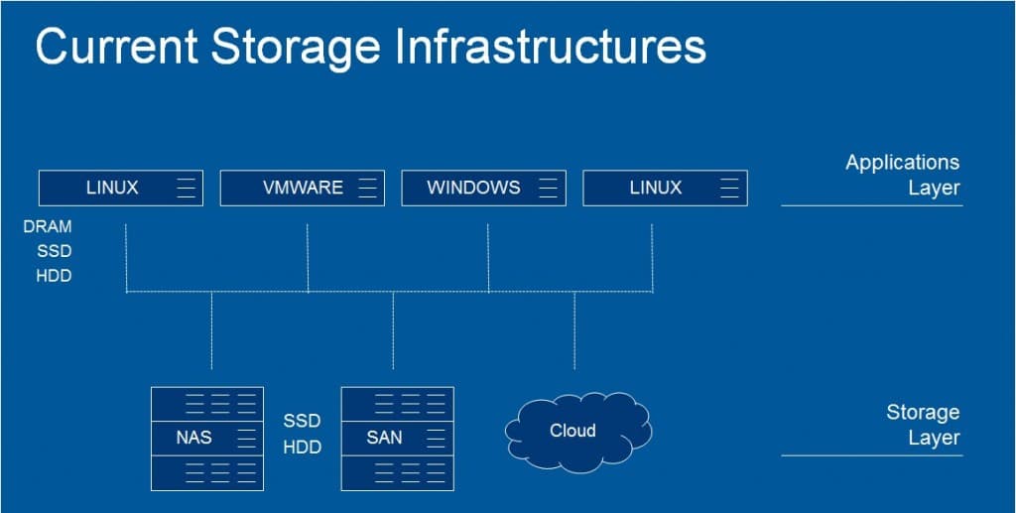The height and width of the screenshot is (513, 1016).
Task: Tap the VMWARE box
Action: click(x=302, y=188)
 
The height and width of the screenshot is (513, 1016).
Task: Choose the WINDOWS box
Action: click(x=483, y=188)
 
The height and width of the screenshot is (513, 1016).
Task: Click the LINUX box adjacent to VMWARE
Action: click(x=120, y=188)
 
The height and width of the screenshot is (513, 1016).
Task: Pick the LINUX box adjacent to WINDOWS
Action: click(x=664, y=188)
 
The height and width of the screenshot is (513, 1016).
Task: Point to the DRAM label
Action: click(x=48, y=227)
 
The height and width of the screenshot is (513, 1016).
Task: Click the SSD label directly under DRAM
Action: click(x=55, y=251)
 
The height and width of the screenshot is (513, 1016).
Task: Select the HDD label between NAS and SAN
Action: click(x=303, y=448)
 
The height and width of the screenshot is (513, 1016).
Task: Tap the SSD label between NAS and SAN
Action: click(x=303, y=422)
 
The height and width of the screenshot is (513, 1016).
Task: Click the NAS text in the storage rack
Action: click(x=193, y=438)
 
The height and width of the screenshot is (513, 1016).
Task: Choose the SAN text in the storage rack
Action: click(x=384, y=438)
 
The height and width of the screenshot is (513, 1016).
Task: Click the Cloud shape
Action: click(x=574, y=431)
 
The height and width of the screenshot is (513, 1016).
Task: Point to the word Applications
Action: click(x=902, y=163)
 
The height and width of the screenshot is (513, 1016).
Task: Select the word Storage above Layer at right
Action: click(x=923, y=413)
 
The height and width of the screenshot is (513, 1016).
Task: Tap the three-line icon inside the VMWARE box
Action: click(x=368, y=188)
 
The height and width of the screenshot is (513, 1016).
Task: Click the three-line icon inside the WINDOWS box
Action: click(x=549, y=188)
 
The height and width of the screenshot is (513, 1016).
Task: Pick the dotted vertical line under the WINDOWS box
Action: click(x=488, y=258)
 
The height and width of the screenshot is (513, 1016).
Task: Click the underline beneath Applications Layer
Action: click(x=871, y=205)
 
